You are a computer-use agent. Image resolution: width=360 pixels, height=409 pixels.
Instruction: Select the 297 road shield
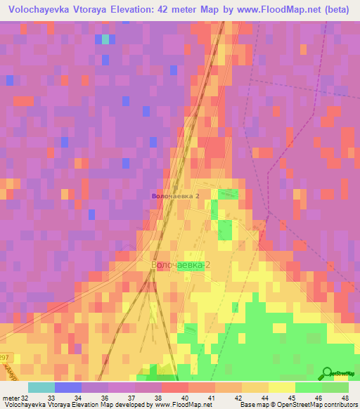[6, 358]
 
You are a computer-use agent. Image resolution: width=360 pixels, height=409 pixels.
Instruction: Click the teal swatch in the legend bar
[41, 387]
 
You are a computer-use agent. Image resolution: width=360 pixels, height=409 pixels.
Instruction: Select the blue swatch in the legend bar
[68, 387]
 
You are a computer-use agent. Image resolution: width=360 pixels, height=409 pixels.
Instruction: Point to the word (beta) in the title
[333, 10]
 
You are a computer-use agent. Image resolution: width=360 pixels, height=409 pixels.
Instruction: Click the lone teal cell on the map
[105, 39]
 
